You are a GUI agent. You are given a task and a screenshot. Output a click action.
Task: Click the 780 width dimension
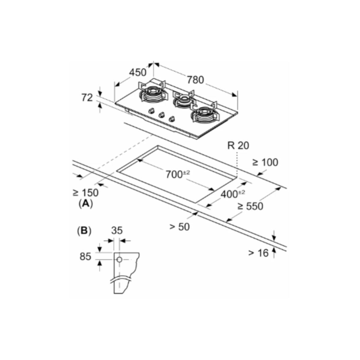[x=195, y=80]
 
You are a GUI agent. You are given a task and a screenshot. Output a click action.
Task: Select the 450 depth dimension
[x=138, y=72]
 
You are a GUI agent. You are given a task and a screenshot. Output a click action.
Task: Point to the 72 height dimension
[x=87, y=97]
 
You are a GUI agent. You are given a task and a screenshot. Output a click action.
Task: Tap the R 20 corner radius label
[x=238, y=145]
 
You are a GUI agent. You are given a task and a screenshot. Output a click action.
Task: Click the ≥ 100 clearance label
[x=265, y=162]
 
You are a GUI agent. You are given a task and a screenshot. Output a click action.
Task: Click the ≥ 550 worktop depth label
[x=250, y=206]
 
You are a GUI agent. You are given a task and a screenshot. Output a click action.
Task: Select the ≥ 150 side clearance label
[x=85, y=192]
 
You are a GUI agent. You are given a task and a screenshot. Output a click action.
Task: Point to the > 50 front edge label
[x=180, y=226]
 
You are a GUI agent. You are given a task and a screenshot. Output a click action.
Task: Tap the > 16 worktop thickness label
[x=258, y=253]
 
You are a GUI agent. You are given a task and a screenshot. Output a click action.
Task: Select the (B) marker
[x=84, y=231]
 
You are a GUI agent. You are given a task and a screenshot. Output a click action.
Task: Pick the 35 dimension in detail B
[x=117, y=230]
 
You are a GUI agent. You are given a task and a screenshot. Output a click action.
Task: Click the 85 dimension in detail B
[x=85, y=256]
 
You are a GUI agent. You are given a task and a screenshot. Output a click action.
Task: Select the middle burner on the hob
[x=182, y=100]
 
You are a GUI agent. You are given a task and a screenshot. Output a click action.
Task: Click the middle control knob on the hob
[x=162, y=115]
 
